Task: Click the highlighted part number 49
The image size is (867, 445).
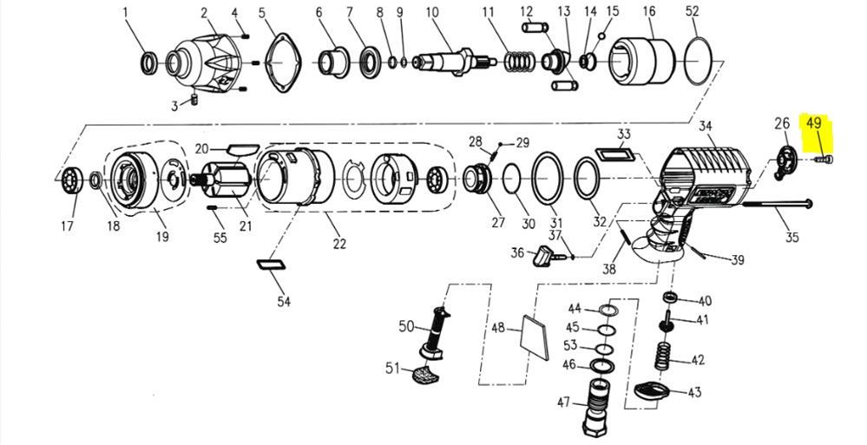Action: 813,122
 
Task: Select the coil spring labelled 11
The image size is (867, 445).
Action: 519,62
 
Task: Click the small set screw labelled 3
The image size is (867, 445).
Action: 194,100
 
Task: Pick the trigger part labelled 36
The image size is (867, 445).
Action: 543,257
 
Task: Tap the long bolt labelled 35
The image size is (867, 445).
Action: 777,205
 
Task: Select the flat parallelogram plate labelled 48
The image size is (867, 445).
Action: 535,337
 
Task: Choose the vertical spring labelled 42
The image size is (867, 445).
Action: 661,356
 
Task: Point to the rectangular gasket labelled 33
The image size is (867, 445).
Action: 614,153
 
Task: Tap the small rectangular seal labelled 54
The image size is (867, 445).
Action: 272,265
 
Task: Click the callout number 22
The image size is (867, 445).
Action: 339,244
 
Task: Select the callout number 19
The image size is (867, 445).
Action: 162,237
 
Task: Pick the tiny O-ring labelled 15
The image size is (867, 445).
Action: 601,36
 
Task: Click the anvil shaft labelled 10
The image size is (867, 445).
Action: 453,61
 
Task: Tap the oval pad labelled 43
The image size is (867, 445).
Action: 652,391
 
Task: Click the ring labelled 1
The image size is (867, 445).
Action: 148,63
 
